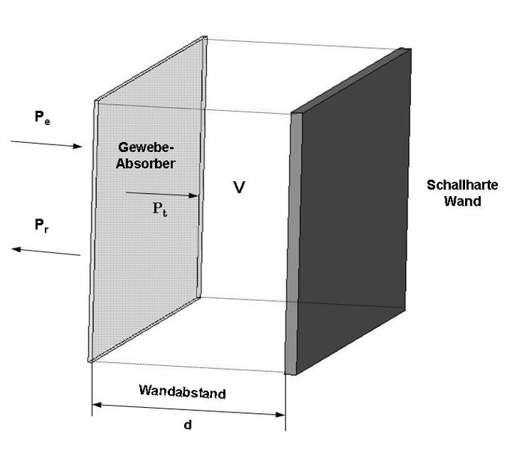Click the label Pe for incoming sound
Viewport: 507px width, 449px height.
point(43,117)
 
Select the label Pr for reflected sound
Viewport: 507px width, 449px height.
point(43,224)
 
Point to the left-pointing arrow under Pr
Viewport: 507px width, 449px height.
point(46,251)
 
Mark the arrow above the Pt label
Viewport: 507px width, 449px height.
point(161,195)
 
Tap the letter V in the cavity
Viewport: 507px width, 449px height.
point(239,187)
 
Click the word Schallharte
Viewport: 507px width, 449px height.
point(458,186)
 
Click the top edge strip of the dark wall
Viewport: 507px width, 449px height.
point(352,81)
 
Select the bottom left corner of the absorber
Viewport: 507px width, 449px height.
point(90,361)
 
